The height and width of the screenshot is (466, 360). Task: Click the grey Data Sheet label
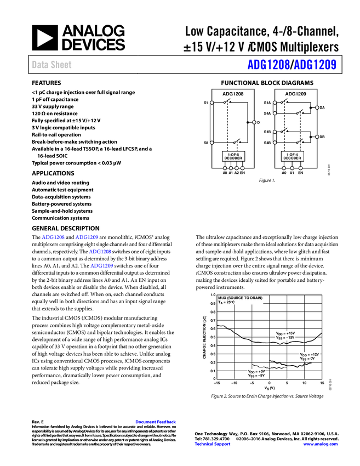(52, 65)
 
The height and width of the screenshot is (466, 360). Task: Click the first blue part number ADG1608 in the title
(268, 65)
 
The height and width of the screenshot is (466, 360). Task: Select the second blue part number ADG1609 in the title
(315, 65)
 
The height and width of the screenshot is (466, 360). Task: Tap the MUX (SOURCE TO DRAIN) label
(241, 298)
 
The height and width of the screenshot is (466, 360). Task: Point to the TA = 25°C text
(226, 303)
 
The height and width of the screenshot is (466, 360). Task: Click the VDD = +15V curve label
(285, 333)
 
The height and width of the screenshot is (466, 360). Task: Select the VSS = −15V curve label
(285, 338)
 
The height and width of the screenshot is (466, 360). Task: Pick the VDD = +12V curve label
(309, 354)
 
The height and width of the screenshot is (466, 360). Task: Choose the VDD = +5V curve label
(256, 371)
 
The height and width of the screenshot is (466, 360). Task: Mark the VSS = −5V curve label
(256, 376)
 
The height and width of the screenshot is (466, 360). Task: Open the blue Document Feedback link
(156, 422)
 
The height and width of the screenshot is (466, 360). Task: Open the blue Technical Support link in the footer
(213, 444)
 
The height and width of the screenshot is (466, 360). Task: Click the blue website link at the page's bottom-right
(321, 444)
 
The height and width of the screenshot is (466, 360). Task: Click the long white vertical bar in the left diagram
(212, 122)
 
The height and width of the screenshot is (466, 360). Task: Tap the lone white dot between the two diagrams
(254, 122)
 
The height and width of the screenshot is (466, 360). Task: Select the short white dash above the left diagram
(232, 88)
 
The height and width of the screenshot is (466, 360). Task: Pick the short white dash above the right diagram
(294, 88)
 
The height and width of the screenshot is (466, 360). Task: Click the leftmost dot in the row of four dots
(225, 168)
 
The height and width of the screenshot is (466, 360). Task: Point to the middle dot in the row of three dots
(292, 168)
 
